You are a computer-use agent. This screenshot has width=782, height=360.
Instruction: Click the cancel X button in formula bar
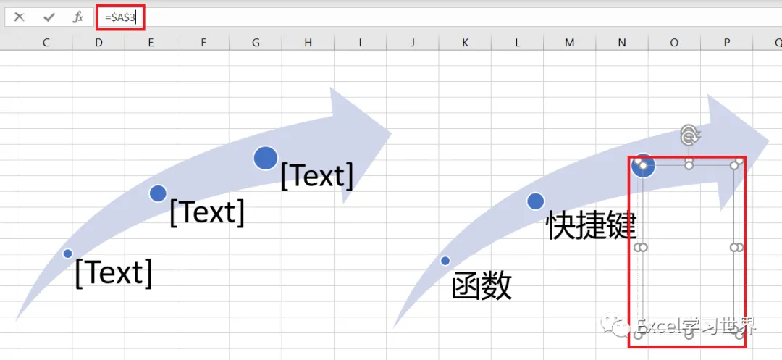pyautogui.click(x=20, y=17)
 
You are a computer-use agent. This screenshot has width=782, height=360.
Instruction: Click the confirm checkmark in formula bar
pyautogui.click(x=49, y=17)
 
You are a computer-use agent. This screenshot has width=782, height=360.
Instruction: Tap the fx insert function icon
pyautogui.click(x=78, y=17)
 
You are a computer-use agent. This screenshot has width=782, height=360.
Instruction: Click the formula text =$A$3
pyautogui.click(x=119, y=17)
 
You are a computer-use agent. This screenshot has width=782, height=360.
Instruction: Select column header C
pyautogui.click(x=46, y=43)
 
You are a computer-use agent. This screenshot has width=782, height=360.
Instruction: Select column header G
pyautogui.click(x=256, y=43)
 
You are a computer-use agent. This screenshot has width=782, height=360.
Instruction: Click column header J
pyautogui.click(x=413, y=43)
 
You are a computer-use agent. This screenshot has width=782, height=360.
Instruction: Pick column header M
pyautogui.click(x=569, y=43)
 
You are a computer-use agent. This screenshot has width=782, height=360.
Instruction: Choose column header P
pyautogui.click(x=726, y=43)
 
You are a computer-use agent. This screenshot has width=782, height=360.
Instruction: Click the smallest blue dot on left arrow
pyautogui.click(x=67, y=254)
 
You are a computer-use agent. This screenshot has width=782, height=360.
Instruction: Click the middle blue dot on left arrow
pyautogui.click(x=158, y=193)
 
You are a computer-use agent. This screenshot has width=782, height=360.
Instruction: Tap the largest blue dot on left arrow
pyautogui.click(x=266, y=158)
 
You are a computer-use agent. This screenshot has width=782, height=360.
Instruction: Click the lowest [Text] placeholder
pyautogui.click(x=114, y=272)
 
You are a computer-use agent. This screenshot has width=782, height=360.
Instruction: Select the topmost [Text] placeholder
pyautogui.click(x=316, y=175)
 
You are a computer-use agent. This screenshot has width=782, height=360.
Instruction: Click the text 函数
pyautogui.click(x=482, y=286)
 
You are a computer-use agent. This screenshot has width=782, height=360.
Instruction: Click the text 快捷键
pyautogui.click(x=591, y=225)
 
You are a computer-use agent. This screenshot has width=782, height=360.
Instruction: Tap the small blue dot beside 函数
pyautogui.click(x=445, y=261)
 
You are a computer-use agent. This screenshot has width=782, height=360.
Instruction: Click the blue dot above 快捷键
pyautogui.click(x=535, y=201)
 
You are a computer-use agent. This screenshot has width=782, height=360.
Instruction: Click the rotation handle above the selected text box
pyautogui.click(x=690, y=134)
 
